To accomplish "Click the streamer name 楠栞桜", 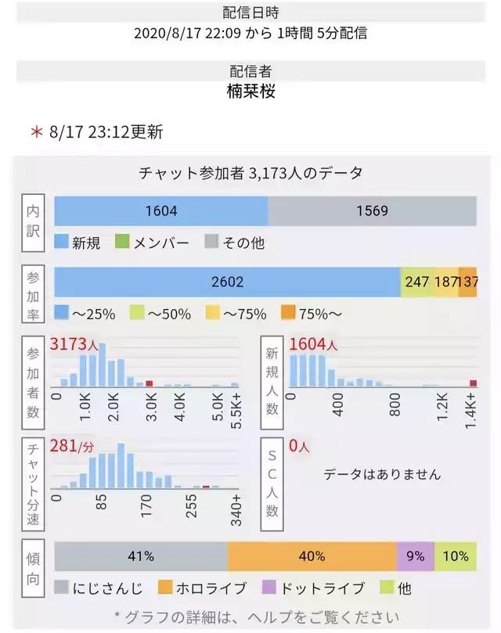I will (x=250, y=92).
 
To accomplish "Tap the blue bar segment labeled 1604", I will (x=161, y=211).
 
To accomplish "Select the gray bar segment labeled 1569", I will (x=372, y=211).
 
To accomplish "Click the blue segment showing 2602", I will (x=227, y=282).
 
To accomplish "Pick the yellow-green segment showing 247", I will (x=417, y=282).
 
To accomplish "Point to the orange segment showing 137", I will (x=468, y=282).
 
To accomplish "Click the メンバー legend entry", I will (x=153, y=243).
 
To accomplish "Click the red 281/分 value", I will (x=72, y=446).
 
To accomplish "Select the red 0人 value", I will (x=300, y=446).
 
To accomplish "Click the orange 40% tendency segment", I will (x=312, y=557).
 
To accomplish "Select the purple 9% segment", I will (x=415, y=557).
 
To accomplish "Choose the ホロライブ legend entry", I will (x=202, y=588).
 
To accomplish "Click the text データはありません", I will (x=382, y=474).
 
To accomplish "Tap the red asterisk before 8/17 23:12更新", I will (x=36, y=132).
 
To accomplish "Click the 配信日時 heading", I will (x=250, y=13).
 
